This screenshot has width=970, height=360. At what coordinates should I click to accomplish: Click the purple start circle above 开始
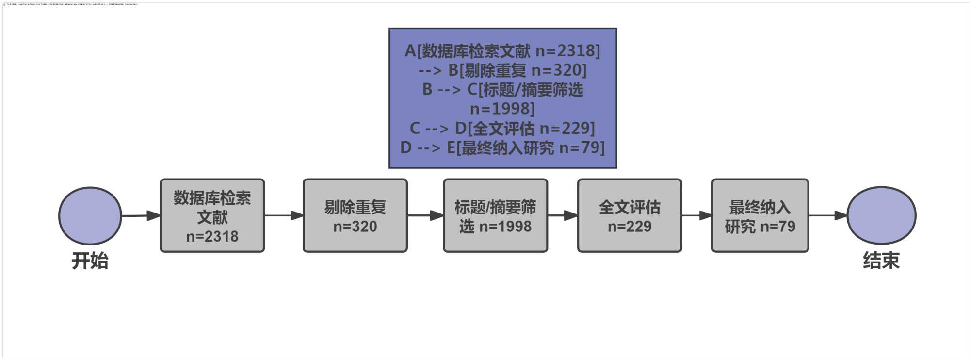click(90, 216)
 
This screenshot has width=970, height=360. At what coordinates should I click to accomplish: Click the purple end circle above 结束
click(881, 215)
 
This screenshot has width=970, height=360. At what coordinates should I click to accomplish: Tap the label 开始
click(90, 261)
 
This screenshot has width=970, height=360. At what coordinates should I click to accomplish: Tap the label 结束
click(881, 261)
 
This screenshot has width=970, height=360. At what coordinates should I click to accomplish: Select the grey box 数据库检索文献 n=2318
click(212, 216)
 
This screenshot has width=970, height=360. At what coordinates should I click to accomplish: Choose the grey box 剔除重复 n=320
click(355, 216)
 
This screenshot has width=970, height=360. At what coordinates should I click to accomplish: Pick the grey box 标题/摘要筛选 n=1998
click(495, 216)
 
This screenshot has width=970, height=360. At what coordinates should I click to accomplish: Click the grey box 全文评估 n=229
click(630, 216)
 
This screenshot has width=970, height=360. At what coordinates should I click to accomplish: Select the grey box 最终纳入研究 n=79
click(760, 216)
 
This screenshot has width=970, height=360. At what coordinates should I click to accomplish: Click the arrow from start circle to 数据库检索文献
click(141, 215)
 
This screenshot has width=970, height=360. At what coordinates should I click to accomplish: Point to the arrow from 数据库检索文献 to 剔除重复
click(284, 215)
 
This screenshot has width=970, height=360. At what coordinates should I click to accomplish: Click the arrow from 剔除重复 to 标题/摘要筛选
click(425, 215)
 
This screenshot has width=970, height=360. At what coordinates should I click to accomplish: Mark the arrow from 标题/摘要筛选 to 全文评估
click(563, 215)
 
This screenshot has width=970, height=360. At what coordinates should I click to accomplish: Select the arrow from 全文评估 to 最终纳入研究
click(696, 215)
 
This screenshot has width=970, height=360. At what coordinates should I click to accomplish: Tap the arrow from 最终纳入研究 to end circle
click(828, 215)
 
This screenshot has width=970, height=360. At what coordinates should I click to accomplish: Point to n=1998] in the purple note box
click(502, 109)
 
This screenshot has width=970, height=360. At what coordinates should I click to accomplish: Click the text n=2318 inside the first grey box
click(212, 236)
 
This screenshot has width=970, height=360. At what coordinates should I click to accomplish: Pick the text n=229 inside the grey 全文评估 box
click(630, 226)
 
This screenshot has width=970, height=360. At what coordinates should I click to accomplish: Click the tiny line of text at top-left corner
click(71, 4)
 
